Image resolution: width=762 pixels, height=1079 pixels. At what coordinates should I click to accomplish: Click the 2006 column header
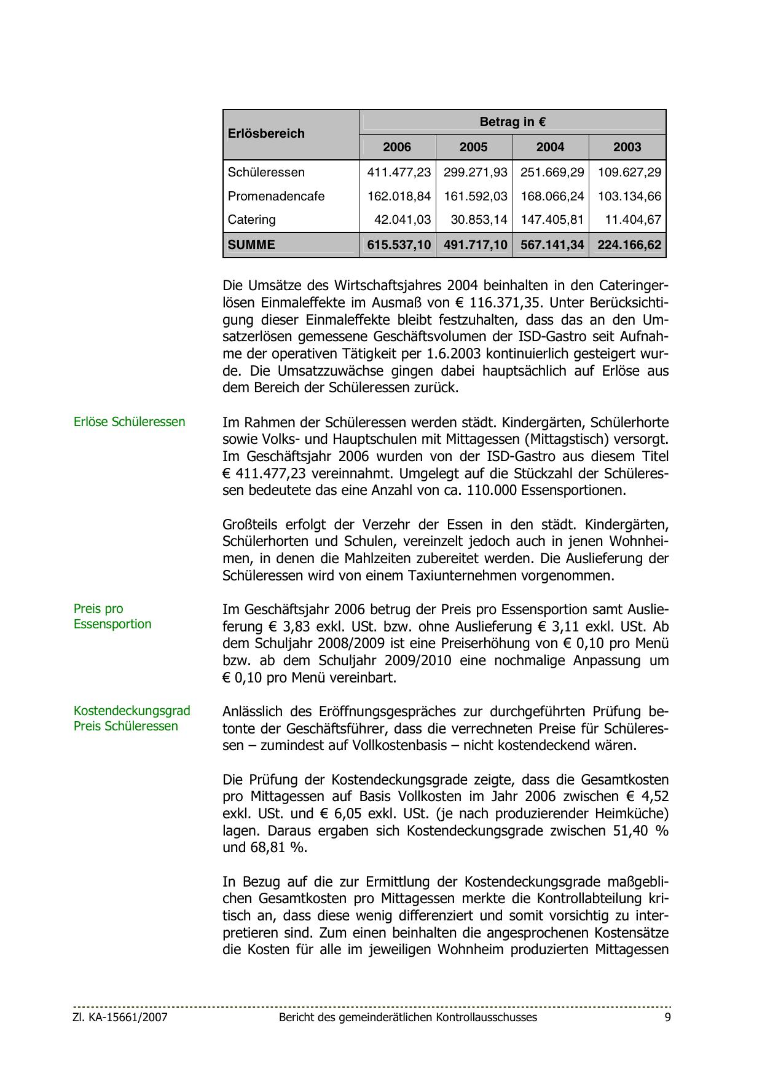coord(397,147)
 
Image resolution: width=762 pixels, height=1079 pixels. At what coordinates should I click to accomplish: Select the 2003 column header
coord(627,147)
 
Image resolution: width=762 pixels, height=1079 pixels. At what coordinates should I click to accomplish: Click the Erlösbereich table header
coord(266,133)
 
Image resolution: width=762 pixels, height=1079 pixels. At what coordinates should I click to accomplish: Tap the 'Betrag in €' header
coord(513,122)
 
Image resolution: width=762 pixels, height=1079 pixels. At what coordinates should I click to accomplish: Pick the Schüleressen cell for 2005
coord(475,172)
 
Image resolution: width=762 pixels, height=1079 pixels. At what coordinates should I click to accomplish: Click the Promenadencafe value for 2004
coord(552,196)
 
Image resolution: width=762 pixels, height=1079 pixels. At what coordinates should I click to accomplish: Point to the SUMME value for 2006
coord(399,245)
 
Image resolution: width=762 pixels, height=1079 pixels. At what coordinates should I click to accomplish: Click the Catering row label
coord(251,219)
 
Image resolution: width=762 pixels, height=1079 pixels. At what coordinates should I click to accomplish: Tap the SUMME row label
coord(251,245)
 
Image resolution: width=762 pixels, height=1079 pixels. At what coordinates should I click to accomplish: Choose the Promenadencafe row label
coord(276,196)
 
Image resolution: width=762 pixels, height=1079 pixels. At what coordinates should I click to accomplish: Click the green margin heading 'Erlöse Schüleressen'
coord(129,422)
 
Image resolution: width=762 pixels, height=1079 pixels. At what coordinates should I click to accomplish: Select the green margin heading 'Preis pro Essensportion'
coord(112,616)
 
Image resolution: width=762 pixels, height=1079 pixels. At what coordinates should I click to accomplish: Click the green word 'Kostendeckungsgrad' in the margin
coord(132,711)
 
